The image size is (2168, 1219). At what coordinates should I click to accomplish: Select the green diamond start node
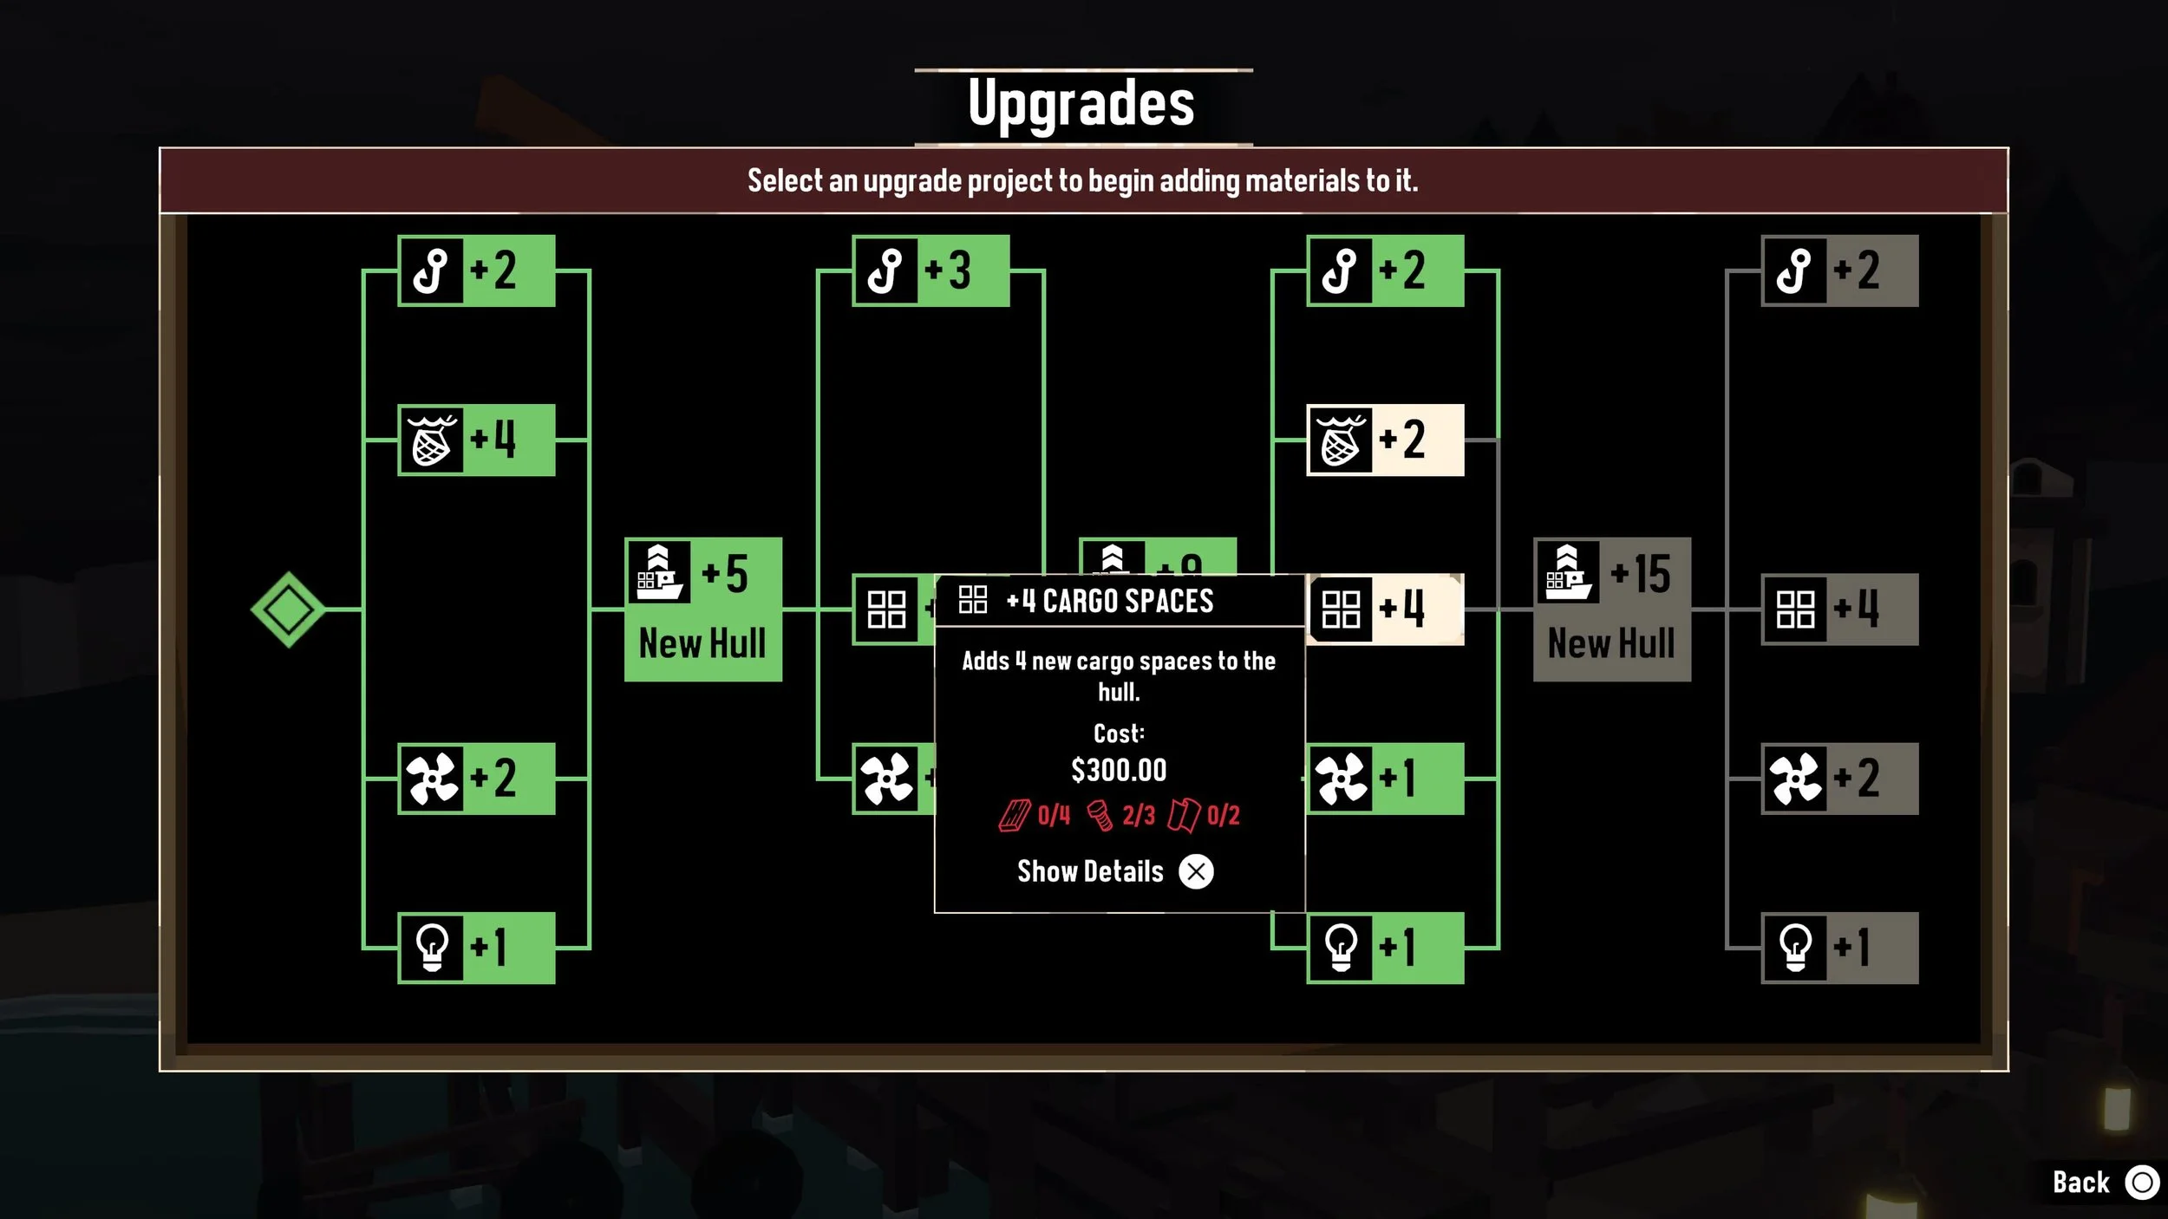point(288,609)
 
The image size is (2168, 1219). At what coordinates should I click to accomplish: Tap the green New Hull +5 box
point(702,609)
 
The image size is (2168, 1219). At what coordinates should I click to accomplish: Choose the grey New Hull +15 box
point(1611,609)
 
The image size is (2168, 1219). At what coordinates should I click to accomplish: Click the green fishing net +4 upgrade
point(476,440)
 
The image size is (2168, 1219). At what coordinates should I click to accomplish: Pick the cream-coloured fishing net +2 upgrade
point(1385,440)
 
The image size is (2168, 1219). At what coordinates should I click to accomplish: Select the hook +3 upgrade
point(931,271)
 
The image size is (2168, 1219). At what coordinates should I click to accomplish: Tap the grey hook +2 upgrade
point(1839,271)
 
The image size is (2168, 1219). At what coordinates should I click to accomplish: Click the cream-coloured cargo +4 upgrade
point(1385,609)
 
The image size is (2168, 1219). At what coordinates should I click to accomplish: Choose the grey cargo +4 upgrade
point(1839,609)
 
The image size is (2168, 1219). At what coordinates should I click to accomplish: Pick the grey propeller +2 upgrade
point(1839,779)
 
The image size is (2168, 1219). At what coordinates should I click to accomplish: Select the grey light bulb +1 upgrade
point(1839,948)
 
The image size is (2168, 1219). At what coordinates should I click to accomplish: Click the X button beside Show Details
point(1196,871)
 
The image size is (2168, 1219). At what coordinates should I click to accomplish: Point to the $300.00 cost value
point(1119,770)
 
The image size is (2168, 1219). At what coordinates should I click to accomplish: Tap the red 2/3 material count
point(1138,815)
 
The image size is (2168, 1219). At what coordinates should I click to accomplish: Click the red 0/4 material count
point(1054,815)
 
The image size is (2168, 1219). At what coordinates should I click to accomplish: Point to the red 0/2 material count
point(1223,815)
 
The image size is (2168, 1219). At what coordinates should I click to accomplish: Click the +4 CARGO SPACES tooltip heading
point(1110,601)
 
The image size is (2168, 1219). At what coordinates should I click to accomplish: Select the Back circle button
point(2141,1183)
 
